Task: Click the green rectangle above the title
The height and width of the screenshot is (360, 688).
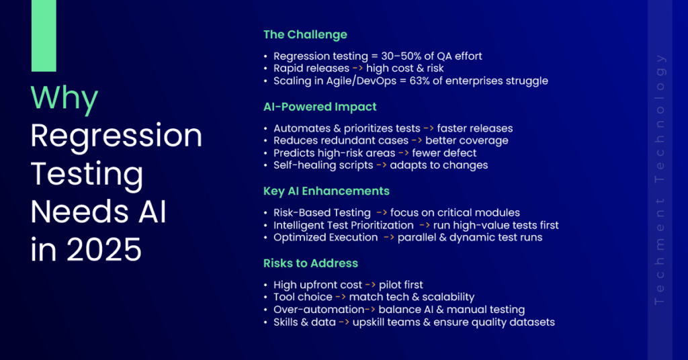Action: (44, 36)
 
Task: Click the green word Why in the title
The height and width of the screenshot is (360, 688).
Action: (64, 98)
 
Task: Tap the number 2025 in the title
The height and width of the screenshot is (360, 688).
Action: (104, 249)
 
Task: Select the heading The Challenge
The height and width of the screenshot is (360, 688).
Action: (306, 35)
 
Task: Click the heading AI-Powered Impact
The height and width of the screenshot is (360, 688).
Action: (320, 107)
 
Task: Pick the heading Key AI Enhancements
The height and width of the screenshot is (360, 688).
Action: (327, 191)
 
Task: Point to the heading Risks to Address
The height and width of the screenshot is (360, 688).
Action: (310, 263)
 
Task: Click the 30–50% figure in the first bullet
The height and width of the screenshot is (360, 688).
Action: (401, 56)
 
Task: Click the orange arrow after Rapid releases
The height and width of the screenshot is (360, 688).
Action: (357, 69)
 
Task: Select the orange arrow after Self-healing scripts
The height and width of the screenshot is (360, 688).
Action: (382, 165)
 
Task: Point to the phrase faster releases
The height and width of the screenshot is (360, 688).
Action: (475, 128)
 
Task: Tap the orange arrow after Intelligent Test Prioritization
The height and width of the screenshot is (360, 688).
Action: (425, 225)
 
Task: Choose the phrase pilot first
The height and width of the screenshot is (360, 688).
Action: (401, 285)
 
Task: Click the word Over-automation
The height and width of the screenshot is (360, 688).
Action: (319, 310)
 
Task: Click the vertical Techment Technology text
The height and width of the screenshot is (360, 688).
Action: (660, 179)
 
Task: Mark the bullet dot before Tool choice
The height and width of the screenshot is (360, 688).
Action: (265, 298)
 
